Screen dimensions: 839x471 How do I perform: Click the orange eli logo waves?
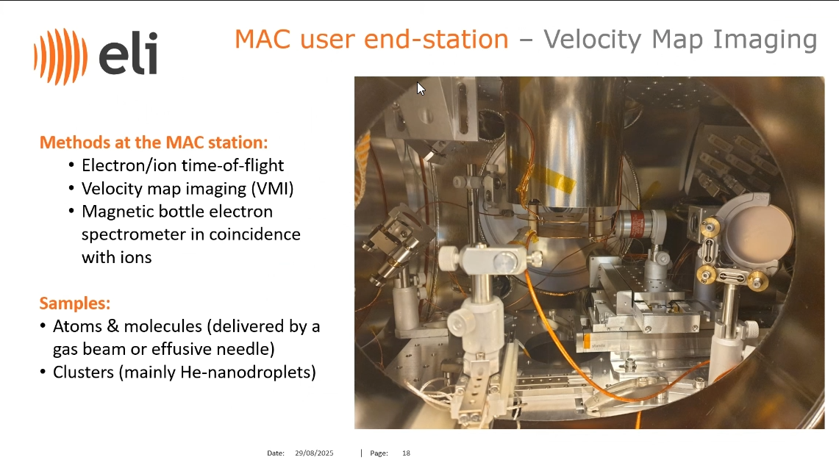[x=60, y=56]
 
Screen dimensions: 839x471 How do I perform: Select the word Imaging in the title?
[x=765, y=40]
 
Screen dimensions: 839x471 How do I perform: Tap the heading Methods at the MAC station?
[x=154, y=143]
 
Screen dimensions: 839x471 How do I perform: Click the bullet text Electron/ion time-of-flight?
[x=182, y=165]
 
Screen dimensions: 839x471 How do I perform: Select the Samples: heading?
[x=75, y=303]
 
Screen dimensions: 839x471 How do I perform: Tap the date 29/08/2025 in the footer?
[x=314, y=453]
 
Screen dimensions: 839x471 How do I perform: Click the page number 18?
[x=406, y=453]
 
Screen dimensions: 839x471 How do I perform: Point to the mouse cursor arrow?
[x=421, y=89]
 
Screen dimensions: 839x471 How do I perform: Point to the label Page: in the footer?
[x=379, y=453]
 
